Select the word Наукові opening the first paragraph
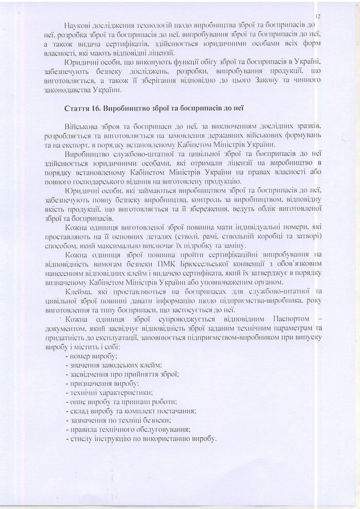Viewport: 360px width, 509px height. pos(81,26)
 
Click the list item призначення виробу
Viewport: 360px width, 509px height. pos(101,384)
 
